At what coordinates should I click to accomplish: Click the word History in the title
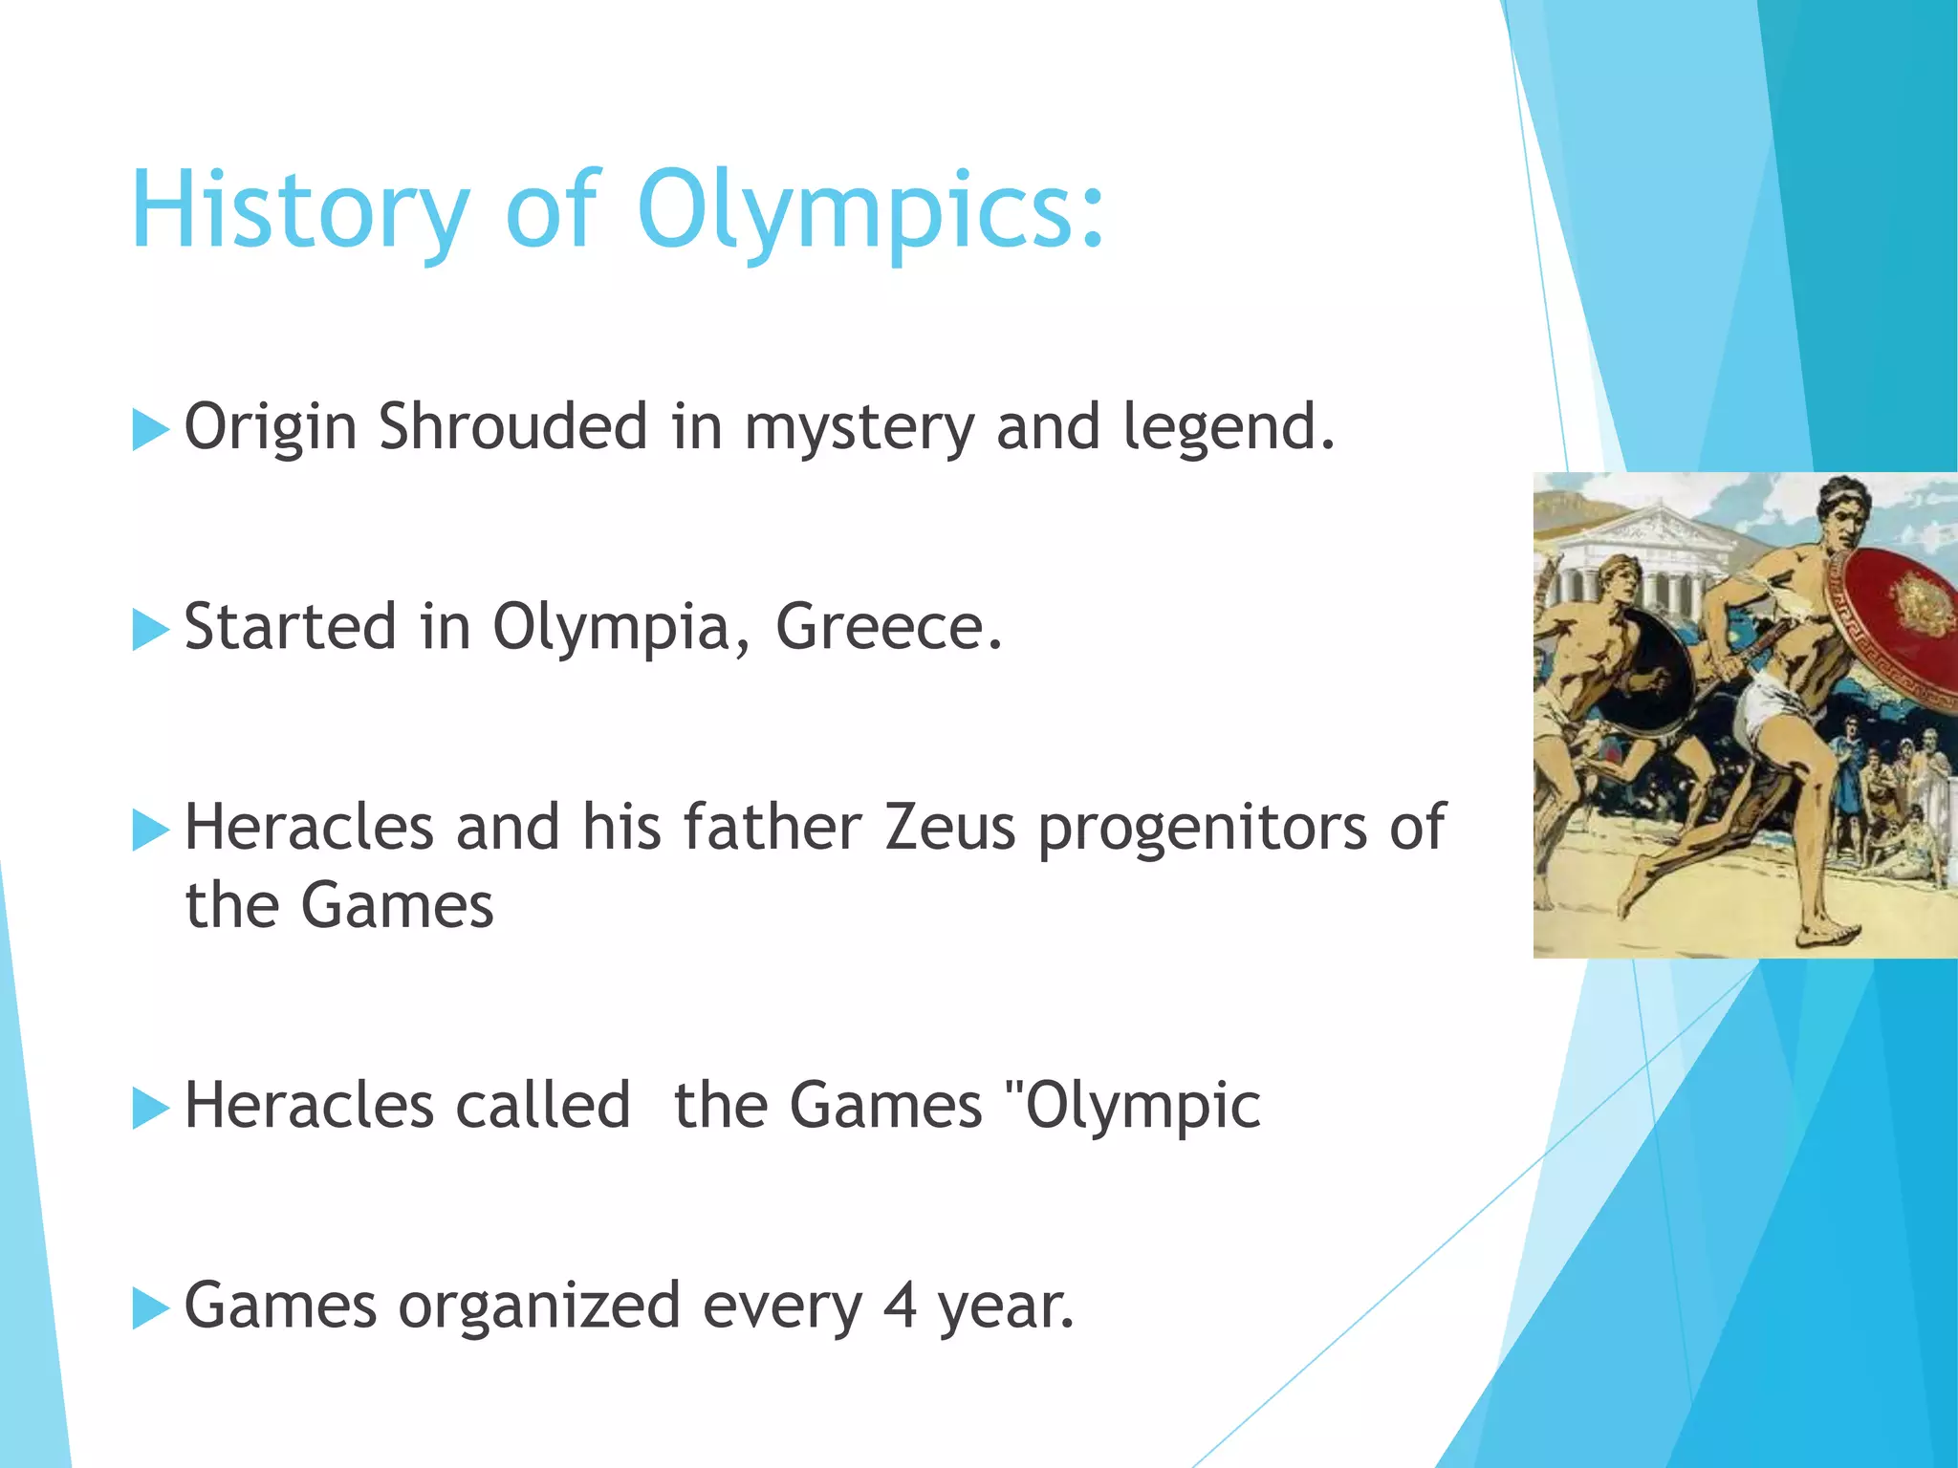298,210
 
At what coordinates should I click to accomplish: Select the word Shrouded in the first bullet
512,426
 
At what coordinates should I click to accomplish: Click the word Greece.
888,627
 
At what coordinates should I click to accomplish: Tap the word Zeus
949,827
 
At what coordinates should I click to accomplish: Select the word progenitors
1203,827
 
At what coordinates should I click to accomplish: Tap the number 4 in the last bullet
899,1306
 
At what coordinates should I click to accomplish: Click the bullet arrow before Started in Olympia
149,631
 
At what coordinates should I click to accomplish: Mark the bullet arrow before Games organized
149,1309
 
